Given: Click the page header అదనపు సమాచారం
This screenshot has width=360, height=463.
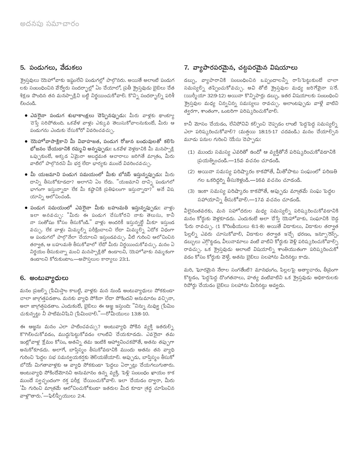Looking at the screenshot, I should tap(49, 24).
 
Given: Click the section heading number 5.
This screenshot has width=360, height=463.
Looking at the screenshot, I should tap(22, 68).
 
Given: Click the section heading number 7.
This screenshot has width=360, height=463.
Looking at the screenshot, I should tap(187, 68).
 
